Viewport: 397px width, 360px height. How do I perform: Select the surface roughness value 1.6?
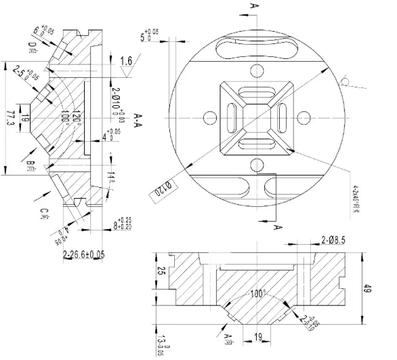tap(126, 62)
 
